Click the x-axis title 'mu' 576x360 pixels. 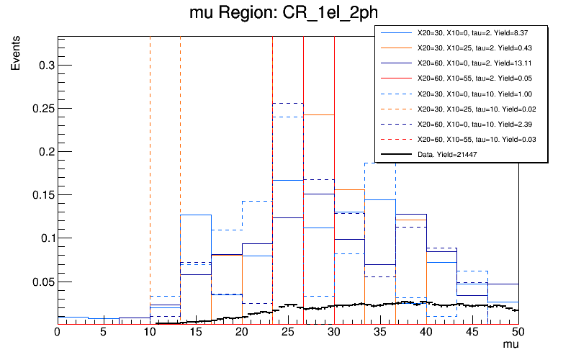click(510, 346)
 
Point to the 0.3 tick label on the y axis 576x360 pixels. click(45, 66)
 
